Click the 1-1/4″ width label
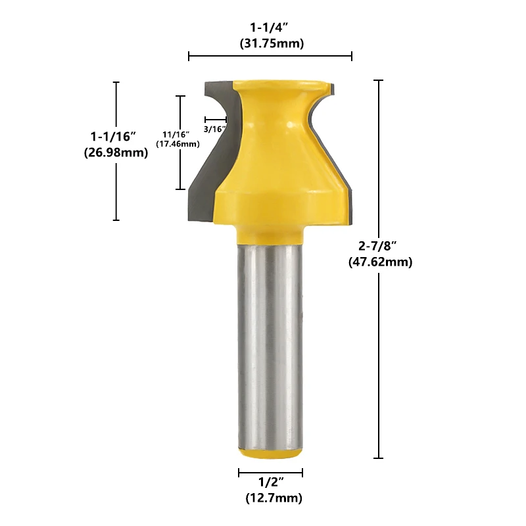(270, 27)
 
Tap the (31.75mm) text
(272, 43)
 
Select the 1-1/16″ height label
(113, 137)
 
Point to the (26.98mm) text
(116, 153)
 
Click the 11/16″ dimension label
(176, 135)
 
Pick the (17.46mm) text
(178, 144)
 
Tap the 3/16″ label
(214, 129)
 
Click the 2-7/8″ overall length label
(377, 246)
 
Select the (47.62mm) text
(381, 262)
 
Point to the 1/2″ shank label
(271, 483)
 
